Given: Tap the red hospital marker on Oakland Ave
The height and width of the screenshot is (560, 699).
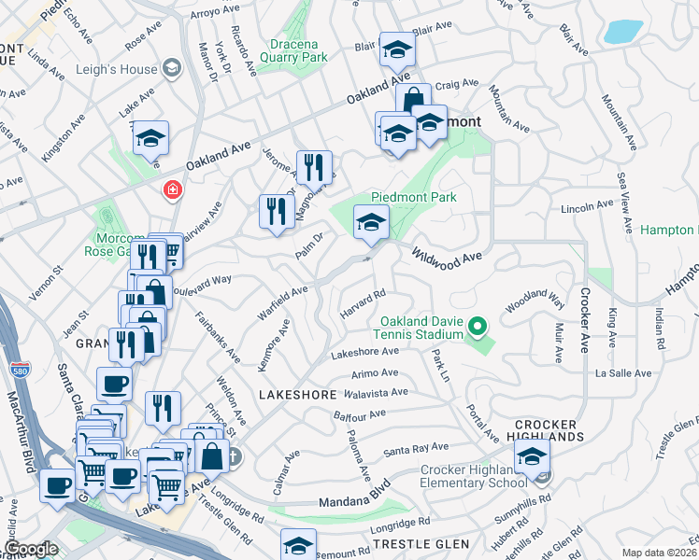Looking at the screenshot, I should coord(172,191).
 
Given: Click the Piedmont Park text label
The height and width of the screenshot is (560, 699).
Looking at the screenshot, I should coord(413,197).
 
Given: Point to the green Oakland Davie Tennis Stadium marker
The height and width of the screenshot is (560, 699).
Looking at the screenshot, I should coord(478,327).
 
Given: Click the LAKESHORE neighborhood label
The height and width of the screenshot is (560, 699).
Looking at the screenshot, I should coord(297,395).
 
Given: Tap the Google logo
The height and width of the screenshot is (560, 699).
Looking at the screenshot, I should coord(31,549).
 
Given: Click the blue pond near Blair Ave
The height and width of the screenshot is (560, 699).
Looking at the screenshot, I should coord(622,32).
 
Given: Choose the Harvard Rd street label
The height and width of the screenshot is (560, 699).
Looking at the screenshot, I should coord(363,305).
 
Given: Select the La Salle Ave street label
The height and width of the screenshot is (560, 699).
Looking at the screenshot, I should coord(623,373).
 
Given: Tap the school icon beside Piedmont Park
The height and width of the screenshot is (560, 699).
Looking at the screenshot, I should coord(371,224).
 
